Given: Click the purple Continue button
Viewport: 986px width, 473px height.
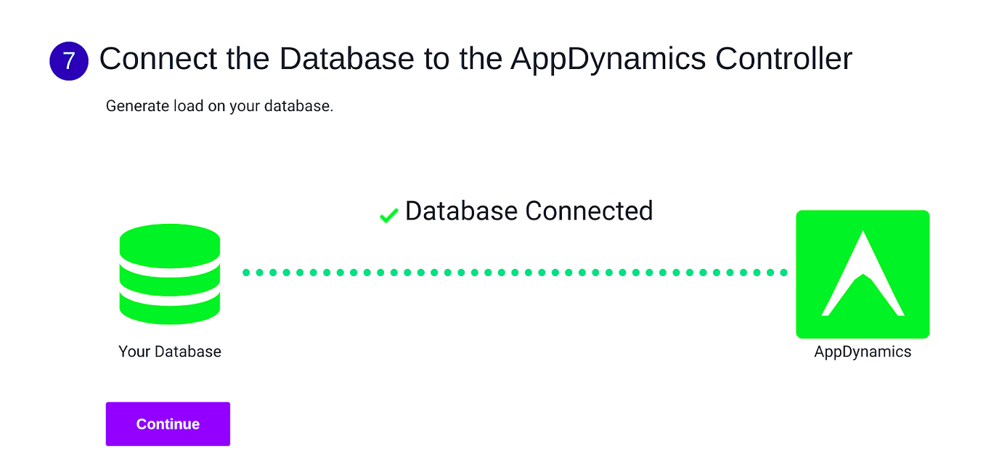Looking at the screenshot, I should click(168, 424).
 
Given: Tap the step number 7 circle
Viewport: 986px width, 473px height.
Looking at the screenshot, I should click(69, 61).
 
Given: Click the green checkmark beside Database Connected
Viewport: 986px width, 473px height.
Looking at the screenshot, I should click(389, 215).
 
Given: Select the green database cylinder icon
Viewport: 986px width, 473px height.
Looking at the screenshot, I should click(170, 274).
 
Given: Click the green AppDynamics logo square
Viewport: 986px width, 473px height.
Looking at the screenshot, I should click(863, 274).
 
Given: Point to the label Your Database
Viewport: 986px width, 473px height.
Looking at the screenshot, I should click(170, 352).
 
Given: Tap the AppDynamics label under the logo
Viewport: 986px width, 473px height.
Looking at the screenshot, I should click(863, 352).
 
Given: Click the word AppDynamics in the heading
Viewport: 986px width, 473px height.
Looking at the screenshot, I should click(608, 59).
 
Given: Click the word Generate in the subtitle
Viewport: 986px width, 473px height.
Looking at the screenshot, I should click(137, 106).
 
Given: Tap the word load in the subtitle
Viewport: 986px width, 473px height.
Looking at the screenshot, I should click(187, 106).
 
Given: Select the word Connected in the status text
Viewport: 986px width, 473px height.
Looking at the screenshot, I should click(589, 211).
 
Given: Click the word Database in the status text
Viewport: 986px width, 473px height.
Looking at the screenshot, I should click(462, 211).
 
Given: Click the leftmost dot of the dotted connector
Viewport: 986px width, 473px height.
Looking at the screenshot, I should click(247, 272).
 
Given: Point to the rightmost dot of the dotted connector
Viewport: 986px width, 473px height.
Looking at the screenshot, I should click(783, 272).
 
